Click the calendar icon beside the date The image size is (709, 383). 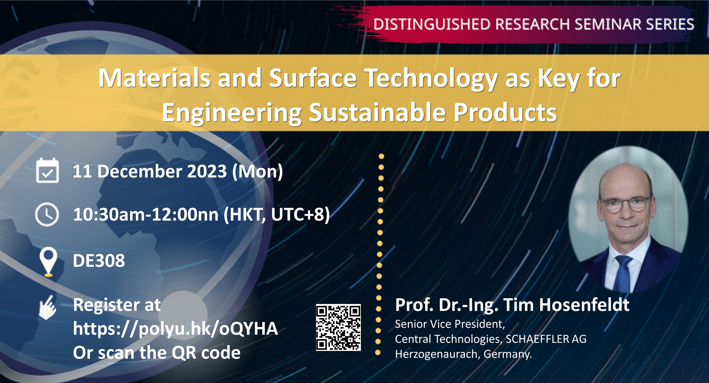pos(47,171)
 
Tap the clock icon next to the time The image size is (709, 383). pos(47,214)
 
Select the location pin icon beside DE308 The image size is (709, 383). pos(48,262)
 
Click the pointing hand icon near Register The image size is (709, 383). pos(48,308)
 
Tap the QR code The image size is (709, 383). pos(338,327)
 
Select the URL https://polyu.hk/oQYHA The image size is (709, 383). pos(175,329)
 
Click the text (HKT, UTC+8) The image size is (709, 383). pos(277,214)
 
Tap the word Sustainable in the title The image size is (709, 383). pos(377,113)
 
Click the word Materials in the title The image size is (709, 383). pos(154,78)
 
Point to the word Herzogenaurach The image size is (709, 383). pos(438,354)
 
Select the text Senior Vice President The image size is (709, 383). pos(450,324)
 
